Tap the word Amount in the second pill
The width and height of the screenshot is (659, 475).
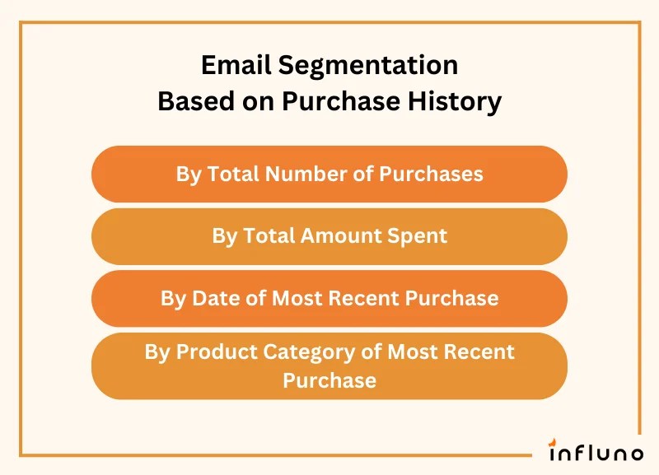click(x=338, y=236)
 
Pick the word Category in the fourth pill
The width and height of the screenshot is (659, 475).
click(x=313, y=352)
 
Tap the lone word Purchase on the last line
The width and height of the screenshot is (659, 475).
click(x=329, y=380)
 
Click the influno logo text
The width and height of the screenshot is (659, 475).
click(x=596, y=453)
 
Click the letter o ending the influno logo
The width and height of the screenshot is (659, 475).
click(x=636, y=454)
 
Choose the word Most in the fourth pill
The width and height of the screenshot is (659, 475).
click(x=415, y=352)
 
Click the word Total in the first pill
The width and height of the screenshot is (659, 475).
click(x=231, y=175)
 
